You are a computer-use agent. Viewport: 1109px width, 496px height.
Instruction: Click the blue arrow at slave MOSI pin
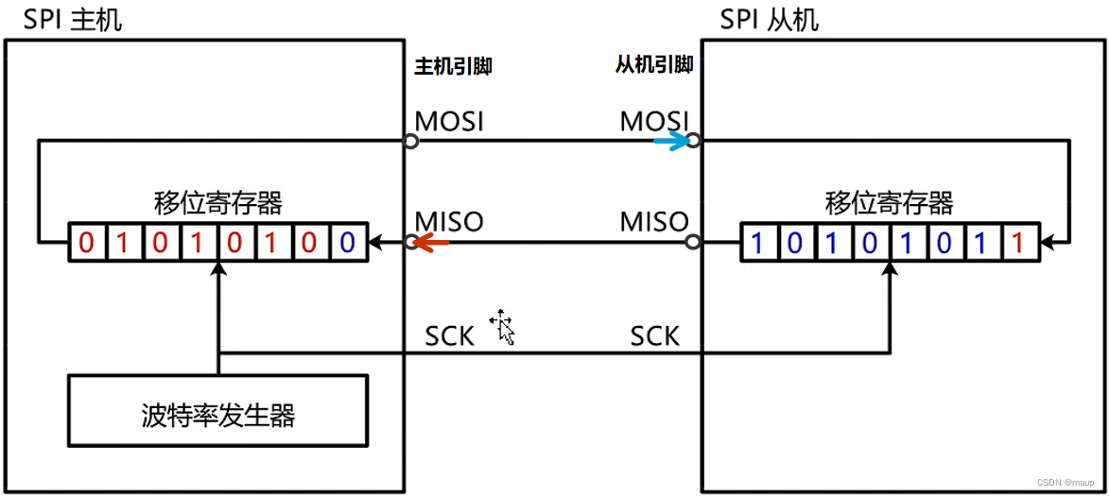pos(671,142)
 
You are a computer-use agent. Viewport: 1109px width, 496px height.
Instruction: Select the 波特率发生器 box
pos(218,412)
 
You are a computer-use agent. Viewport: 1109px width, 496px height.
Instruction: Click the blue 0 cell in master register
pos(347,243)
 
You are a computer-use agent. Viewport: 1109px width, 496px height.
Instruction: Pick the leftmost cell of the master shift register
pos(86,243)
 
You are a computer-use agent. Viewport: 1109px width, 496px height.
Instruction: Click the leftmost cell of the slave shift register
pos(756,243)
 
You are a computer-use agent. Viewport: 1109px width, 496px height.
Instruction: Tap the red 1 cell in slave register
pos(1017,243)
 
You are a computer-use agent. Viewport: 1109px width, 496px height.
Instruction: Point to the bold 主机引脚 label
pos(453,66)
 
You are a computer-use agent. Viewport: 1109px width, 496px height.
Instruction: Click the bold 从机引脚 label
pos(654,64)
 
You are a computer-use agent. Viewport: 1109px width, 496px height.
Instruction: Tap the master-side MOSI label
pos(450,121)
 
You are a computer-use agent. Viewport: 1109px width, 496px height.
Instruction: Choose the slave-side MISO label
pos(654,222)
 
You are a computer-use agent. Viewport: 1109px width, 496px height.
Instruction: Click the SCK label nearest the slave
pos(655,335)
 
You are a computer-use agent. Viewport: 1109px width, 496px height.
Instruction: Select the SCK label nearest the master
pos(449,335)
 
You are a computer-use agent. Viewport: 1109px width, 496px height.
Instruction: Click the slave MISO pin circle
pos(693,243)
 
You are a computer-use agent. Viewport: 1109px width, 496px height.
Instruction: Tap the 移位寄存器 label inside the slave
pos(889,202)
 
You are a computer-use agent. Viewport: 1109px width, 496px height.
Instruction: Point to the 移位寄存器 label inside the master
pos(217,202)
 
